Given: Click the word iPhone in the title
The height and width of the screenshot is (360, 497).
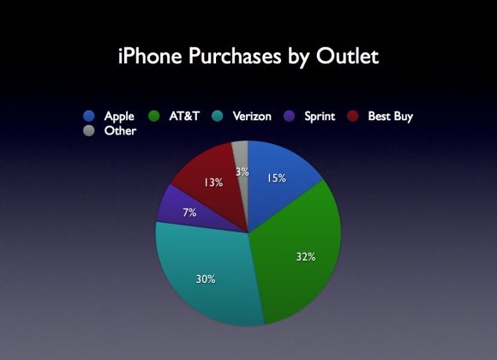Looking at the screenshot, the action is coord(150,56).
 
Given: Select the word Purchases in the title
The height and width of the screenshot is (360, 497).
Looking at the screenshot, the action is coord(235,56).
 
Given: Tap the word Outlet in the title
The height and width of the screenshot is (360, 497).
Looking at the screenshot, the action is coord(347,56).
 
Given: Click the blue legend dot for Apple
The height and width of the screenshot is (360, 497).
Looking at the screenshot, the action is coord(89,116).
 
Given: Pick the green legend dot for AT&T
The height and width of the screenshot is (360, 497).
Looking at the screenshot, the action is coord(154,116).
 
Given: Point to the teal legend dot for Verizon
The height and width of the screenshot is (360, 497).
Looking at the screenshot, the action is coord(218,116).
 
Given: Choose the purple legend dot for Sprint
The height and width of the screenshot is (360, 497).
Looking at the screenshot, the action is coord(289,116).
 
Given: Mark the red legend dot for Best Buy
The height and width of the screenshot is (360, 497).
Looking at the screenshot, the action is coord(353,116).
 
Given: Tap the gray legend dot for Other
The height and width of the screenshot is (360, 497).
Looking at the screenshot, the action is coord(89,130).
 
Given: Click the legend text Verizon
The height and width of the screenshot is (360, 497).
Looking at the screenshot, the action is coord(252,116).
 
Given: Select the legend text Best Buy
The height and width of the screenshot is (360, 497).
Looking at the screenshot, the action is coord(391,117).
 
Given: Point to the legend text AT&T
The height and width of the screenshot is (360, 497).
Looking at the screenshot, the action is coord(184,116).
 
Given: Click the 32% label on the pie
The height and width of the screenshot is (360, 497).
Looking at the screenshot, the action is coord(306,256).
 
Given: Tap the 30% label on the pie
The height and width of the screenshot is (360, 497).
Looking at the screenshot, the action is coord(206,279).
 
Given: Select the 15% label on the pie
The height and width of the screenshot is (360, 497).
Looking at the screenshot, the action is coord(277,178).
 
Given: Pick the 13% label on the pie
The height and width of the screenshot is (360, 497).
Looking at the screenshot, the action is coord(213,183).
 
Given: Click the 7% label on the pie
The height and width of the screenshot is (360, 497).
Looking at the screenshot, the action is coord(189,213).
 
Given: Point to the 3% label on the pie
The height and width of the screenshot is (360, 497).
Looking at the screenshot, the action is coord(243,171).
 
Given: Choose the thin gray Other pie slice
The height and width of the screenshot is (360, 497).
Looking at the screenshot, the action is coord(243,155).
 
